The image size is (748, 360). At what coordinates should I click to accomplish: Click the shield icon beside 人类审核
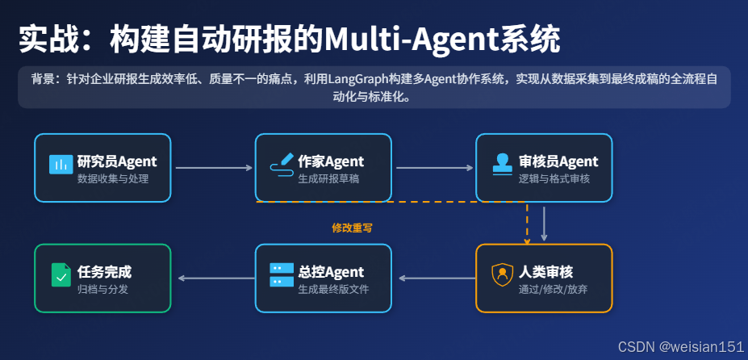point(502,275)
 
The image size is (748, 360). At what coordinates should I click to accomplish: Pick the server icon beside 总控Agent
point(281,275)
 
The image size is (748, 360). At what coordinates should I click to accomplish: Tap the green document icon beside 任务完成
point(61,275)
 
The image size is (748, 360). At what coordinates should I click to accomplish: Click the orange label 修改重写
point(352,228)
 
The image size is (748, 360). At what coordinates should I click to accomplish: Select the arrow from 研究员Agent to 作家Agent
point(214,168)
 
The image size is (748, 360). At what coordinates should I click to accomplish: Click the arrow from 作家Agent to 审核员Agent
point(434,168)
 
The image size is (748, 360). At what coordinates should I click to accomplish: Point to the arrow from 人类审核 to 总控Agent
point(436,278)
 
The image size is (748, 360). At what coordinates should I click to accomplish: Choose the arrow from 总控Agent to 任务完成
point(215,278)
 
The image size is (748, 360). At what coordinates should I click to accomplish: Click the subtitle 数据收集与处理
point(113,178)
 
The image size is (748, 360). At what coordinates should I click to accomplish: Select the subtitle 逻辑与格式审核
point(554,178)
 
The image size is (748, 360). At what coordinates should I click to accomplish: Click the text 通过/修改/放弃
point(554,288)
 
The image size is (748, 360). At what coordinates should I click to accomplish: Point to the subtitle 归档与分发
point(102,288)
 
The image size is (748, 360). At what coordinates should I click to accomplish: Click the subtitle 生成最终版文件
point(333,288)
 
